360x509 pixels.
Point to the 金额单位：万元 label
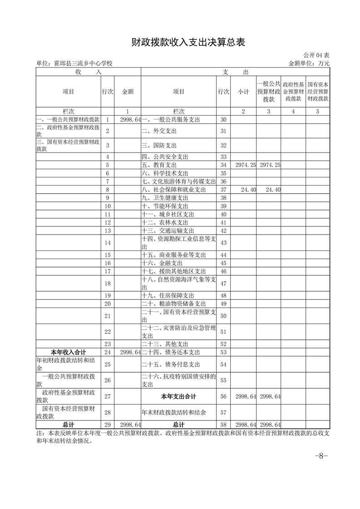[309, 64]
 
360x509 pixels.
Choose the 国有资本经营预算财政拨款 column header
[318, 92]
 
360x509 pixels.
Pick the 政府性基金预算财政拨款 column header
[293, 92]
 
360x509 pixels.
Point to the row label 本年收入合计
[68, 352]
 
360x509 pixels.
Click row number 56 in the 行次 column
[223, 396]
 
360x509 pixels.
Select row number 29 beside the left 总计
[108, 425]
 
